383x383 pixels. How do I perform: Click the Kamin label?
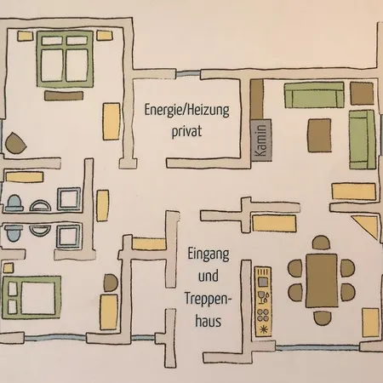pyautogui.click(x=261, y=140)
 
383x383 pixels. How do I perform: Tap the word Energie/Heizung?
pyautogui.click(x=186, y=110)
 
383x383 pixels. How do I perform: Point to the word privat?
pyautogui.click(x=186, y=131)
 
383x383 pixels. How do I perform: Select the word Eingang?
pyautogui.click(x=209, y=254)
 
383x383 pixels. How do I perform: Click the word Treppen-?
pyautogui.click(x=209, y=299)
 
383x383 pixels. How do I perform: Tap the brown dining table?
pyautogui.click(x=322, y=281)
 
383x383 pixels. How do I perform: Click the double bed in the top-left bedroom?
pyautogui.click(x=65, y=59)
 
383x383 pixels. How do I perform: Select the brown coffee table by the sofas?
pyautogui.click(x=319, y=135)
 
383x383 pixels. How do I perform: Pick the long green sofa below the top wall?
pyautogui.click(x=314, y=95)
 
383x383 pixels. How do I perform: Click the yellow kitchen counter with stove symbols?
pyautogui.click(x=263, y=301)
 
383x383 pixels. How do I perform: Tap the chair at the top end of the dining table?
pyautogui.click(x=321, y=243)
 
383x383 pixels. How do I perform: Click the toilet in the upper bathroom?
pyautogui.click(x=14, y=203)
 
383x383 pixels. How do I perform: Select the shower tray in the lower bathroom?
pyautogui.click(x=69, y=237)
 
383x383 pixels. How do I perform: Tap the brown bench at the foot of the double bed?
pyautogui.click(x=64, y=95)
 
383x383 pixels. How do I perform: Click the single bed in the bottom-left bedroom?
pyautogui.click(x=31, y=297)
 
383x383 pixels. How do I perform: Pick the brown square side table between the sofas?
pyautogui.click(x=362, y=94)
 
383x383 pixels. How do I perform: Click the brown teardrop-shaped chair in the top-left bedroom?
pyautogui.click(x=15, y=143)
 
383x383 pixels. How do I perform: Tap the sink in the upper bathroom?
pyautogui.click(x=40, y=205)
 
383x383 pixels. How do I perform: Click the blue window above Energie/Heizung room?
pyautogui.click(x=188, y=74)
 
